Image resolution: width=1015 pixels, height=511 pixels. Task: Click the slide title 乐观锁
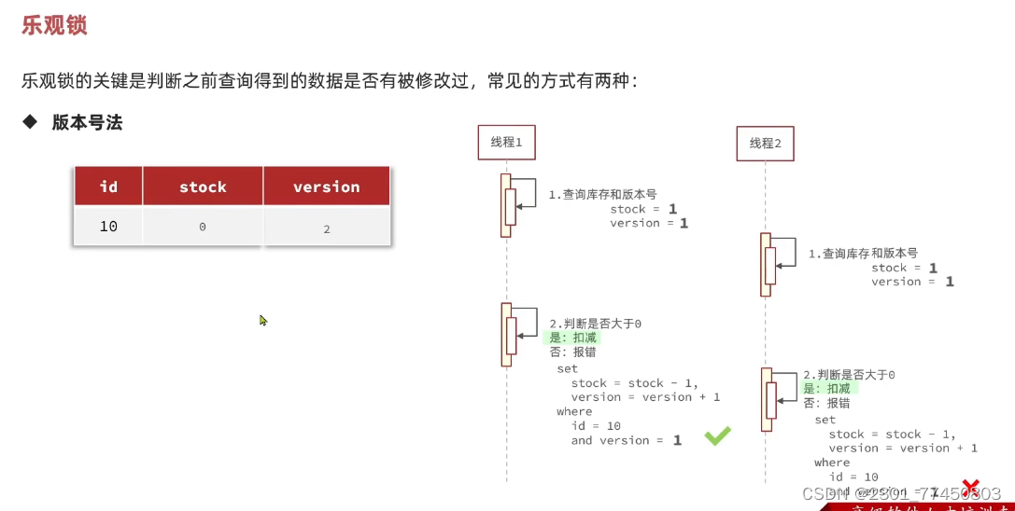(54, 25)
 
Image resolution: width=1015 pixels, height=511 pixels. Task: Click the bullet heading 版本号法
(87, 122)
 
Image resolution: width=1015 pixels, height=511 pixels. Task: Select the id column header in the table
(108, 186)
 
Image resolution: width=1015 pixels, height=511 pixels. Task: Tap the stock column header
(203, 186)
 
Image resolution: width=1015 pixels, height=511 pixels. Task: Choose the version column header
(326, 186)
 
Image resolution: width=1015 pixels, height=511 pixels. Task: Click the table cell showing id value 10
(108, 227)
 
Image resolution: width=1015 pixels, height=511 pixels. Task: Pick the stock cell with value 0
(203, 228)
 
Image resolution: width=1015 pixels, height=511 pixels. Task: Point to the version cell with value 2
(326, 228)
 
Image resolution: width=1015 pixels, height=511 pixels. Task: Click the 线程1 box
(506, 142)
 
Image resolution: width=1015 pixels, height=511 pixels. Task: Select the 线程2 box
(765, 144)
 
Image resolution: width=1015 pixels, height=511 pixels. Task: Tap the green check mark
(717, 435)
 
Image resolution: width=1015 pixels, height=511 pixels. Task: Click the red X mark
(971, 487)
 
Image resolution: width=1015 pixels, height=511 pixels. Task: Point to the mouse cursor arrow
(263, 320)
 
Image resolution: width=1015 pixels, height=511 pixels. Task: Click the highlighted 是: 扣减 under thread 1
(573, 338)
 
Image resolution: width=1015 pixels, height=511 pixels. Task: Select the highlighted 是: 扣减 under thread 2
(827, 389)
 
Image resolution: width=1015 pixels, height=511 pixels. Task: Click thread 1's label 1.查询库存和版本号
(602, 195)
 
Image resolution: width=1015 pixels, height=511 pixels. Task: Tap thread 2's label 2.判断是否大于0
(849, 374)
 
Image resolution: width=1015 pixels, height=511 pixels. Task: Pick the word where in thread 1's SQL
(574, 411)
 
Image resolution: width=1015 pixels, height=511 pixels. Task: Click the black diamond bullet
(30, 122)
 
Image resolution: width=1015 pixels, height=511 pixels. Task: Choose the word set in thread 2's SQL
(825, 420)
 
